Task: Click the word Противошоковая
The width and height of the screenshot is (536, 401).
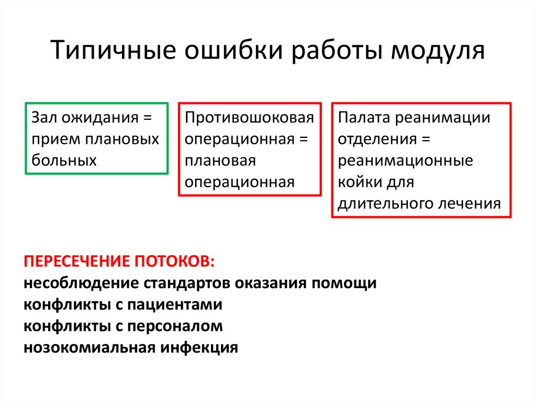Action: click(249, 118)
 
